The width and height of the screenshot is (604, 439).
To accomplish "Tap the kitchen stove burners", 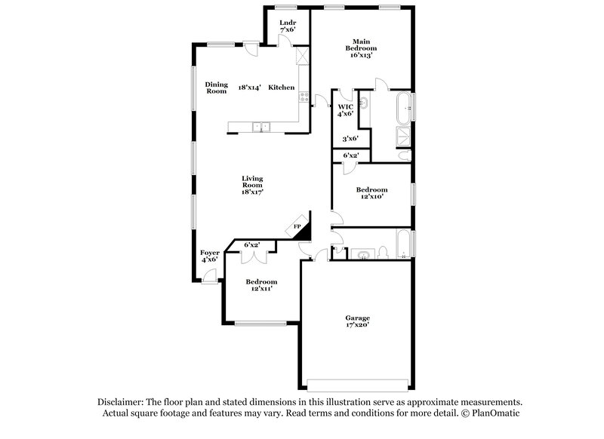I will [304, 96].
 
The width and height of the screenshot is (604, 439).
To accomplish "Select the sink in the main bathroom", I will [365, 102].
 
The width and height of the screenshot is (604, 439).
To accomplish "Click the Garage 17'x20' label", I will [357, 323].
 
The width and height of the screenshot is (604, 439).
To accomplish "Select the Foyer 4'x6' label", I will [209, 256].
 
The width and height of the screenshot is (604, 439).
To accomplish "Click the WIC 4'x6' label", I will [345, 111].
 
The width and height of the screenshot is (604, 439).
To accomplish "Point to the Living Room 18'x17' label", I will [252, 185].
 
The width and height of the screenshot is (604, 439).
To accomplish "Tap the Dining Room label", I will [217, 87].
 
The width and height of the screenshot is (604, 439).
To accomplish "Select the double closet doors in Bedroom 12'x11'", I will [253, 256].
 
